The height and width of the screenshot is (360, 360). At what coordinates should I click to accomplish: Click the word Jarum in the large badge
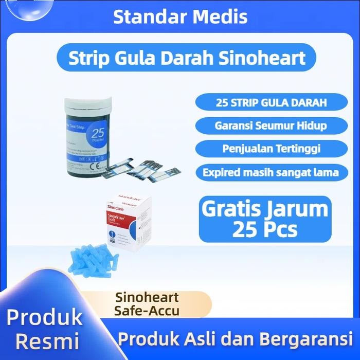(x=301, y=209)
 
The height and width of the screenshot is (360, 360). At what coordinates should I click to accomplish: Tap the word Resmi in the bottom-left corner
(x=46, y=340)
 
